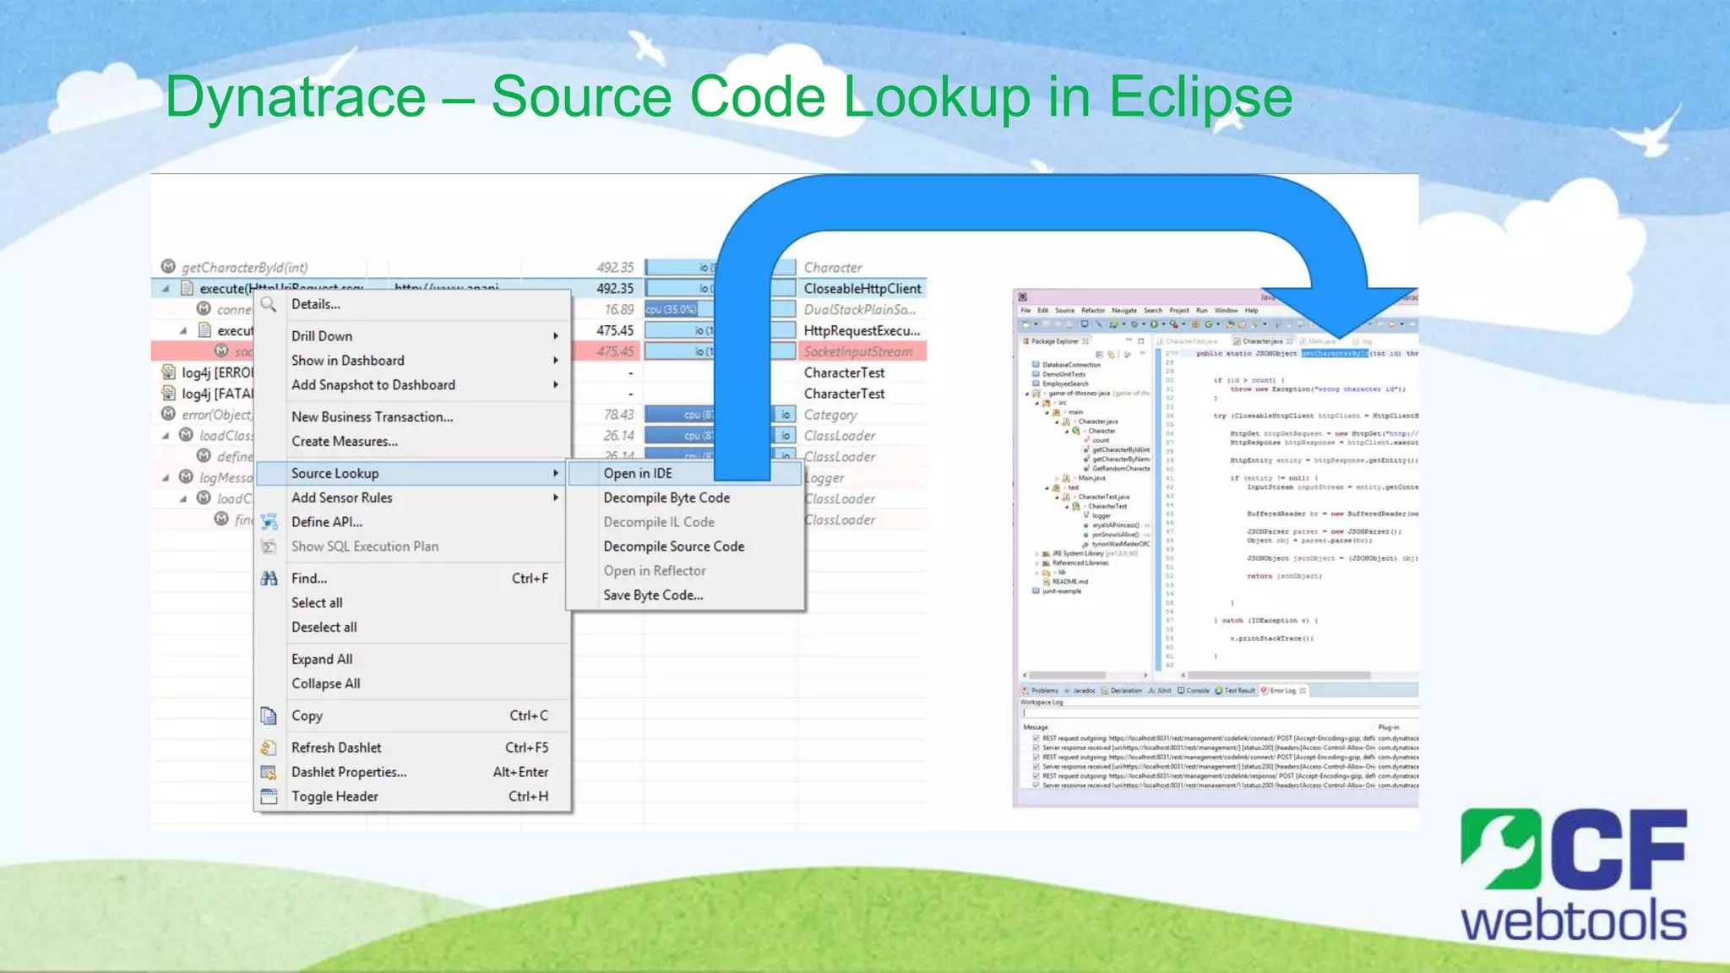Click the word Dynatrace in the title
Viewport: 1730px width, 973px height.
pyautogui.click(x=296, y=97)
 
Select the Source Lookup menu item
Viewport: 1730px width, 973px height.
pyautogui.click(x=335, y=474)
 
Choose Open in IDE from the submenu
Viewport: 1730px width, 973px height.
pyautogui.click(x=638, y=474)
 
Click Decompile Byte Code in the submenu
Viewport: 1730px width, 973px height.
pyautogui.click(x=666, y=498)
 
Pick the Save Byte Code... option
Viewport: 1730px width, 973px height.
pyautogui.click(x=653, y=595)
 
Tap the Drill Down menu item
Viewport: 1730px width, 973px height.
pyautogui.click(x=322, y=336)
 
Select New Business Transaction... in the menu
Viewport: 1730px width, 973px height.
pyautogui.click(x=372, y=417)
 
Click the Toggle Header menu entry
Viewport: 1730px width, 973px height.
pyautogui.click(x=335, y=796)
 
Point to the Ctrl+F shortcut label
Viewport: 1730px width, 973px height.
pyautogui.click(x=530, y=579)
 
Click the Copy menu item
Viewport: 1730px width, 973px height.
pyautogui.click(x=307, y=716)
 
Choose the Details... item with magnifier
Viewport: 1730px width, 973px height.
pyautogui.click(x=315, y=305)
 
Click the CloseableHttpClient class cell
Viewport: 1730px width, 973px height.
pyautogui.click(x=862, y=289)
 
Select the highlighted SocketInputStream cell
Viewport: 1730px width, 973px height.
pyautogui.click(x=857, y=351)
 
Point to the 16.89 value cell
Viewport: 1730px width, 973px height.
pyautogui.click(x=618, y=310)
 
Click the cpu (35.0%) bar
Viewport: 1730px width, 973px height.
pyautogui.click(x=672, y=310)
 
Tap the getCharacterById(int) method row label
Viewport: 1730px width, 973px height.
pyautogui.click(x=244, y=268)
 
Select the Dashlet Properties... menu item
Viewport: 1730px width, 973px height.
pyautogui.click(x=349, y=772)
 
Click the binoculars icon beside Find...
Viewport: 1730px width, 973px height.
pyautogui.click(x=269, y=579)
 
